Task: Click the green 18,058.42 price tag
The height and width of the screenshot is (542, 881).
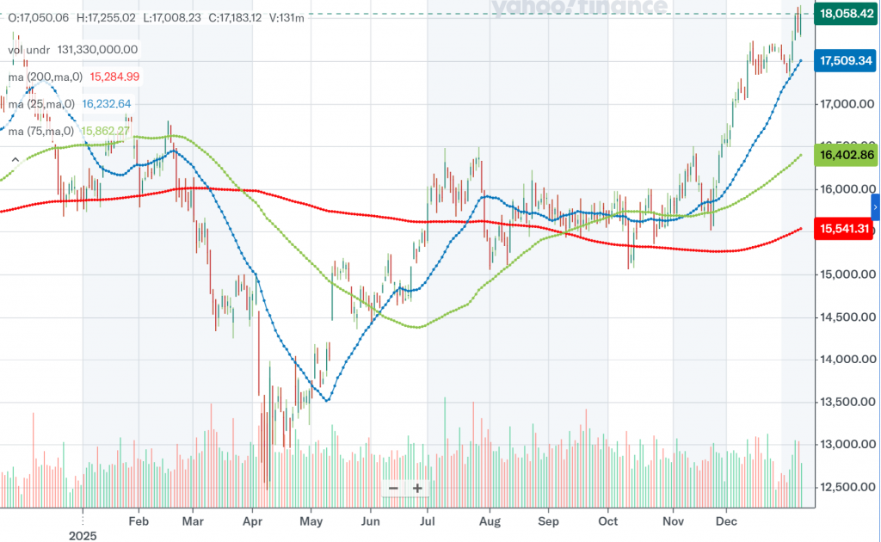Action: pos(846,14)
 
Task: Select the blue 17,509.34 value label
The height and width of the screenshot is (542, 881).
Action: pos(846,61)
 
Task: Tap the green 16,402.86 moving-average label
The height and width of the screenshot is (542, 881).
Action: pos(846,155)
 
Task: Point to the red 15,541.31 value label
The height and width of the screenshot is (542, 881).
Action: pos(846,228)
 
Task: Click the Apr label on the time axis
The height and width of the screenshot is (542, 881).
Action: pos(252,520)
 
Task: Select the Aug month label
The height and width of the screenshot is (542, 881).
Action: pos(489,520)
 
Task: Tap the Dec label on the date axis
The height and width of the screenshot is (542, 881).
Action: pos(728,520)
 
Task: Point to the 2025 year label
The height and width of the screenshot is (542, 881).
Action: pos(83,535)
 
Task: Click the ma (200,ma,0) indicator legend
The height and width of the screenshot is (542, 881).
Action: pos(45,77)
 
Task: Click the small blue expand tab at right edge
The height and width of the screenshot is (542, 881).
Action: pos(876,207)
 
